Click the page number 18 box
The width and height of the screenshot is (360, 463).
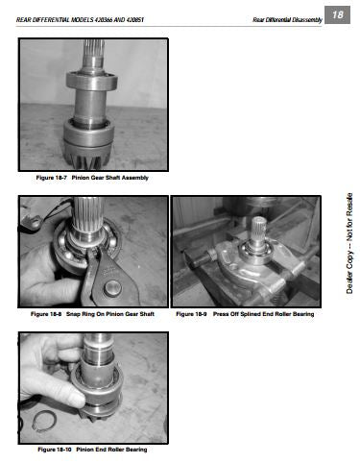click(337, 14)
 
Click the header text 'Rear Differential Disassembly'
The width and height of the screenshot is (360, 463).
click(287, 20)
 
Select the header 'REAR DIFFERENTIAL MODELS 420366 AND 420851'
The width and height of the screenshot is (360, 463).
click(80, 20)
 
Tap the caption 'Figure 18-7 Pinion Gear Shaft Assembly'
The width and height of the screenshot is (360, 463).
click(92, 178)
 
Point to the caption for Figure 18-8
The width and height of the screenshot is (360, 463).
click(92, 314)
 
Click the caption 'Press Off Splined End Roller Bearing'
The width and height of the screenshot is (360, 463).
click(263, 314)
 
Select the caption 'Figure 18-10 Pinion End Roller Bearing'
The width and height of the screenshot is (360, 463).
click(92, 450)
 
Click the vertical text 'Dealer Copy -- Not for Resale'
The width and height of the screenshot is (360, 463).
click(349, 243)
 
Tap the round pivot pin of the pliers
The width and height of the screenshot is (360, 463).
click(112, 288)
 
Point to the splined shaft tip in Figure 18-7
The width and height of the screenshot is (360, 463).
click(94, 48)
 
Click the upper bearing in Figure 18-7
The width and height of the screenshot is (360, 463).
click(92, 81)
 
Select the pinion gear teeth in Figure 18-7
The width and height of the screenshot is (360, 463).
click(87, 158)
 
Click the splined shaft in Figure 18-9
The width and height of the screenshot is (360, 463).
click(258, 231)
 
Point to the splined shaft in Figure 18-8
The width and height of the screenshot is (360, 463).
click(87, 214)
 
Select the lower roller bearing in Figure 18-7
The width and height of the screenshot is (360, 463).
click(88, 133)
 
